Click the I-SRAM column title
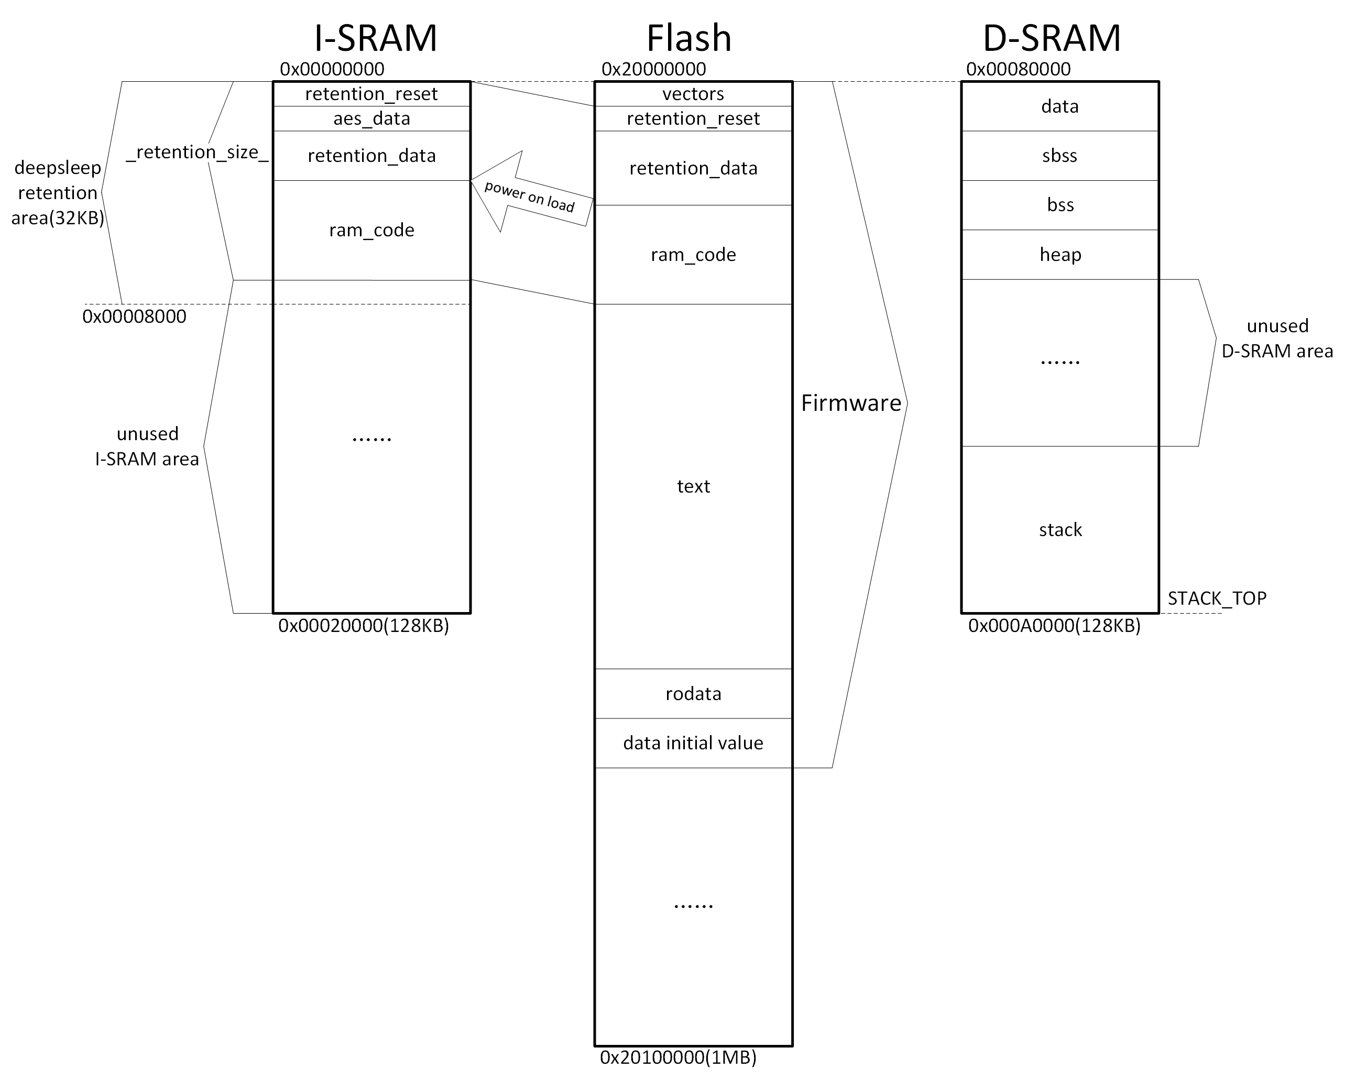point(376,39)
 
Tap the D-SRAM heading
point(1052,39)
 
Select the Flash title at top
point(688,39)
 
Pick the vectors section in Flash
point(693,94)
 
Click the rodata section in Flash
point(693,694)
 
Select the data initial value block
point(693,743)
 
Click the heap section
point(1060,255)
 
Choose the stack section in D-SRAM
point(1060,530)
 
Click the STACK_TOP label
point(1217,599)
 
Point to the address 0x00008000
point(134,317)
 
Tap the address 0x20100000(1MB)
point(678,1057)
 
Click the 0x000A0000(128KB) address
point(1054,626)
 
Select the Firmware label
point(851,403)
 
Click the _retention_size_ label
point(197,152)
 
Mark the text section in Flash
point(693,487)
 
